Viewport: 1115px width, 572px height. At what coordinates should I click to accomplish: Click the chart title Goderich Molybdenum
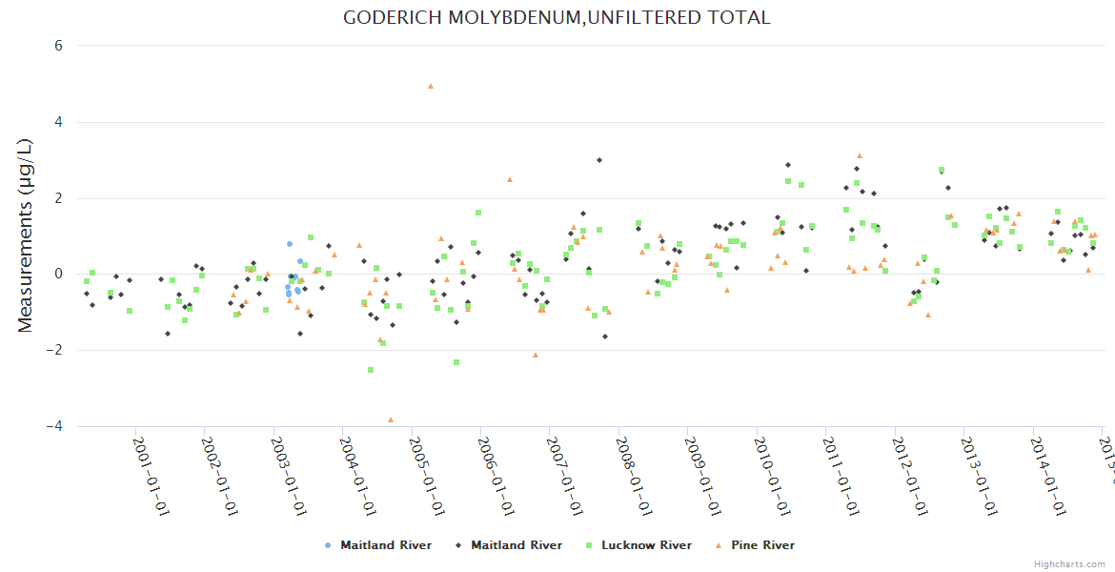557,17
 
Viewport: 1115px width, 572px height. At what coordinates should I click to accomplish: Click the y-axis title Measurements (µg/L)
26,235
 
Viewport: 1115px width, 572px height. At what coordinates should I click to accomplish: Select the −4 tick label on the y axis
53,426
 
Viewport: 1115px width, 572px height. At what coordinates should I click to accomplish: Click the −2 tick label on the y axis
53,350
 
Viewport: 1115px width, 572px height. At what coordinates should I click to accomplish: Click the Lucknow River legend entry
646,545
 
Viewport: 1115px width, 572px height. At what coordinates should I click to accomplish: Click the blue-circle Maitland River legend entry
385,545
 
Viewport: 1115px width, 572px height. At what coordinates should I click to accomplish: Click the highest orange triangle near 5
431,86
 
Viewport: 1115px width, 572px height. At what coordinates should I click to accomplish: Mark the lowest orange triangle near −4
391,419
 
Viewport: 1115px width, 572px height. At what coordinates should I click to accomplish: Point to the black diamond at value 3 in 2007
599,160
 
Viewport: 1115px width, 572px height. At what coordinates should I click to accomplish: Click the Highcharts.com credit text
1069,564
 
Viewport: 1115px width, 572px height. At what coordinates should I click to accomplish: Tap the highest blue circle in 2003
290,244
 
